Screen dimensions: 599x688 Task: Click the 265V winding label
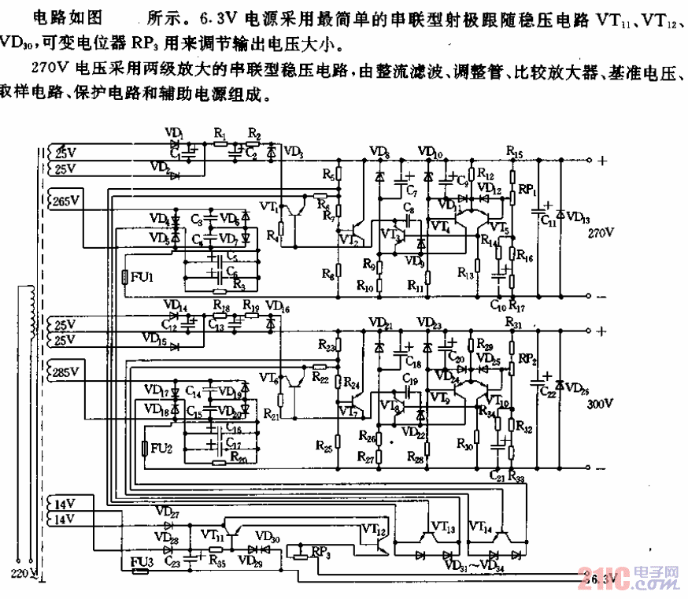(x=66, y=201)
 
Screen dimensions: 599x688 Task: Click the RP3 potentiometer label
(x=320, y=551)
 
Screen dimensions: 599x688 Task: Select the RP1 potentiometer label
(x=527, y=190)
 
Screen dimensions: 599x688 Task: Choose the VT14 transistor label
(x=479, y=526)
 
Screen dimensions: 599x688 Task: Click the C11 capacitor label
(x=548, y=224)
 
